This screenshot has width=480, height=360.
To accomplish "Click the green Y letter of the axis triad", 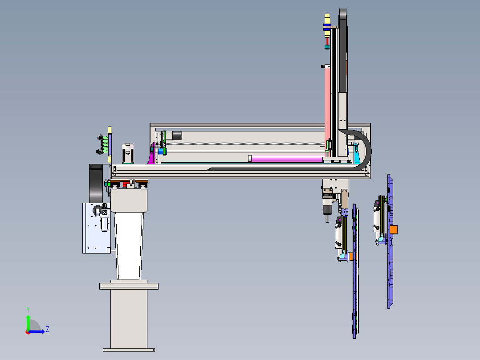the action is click(x=28, y=310).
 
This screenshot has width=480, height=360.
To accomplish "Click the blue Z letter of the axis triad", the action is click(x=48, y=329).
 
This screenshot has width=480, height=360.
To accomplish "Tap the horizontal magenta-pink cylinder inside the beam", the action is click(x=287, y=158).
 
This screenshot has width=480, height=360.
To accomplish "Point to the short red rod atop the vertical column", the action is click(x=327, y=41).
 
